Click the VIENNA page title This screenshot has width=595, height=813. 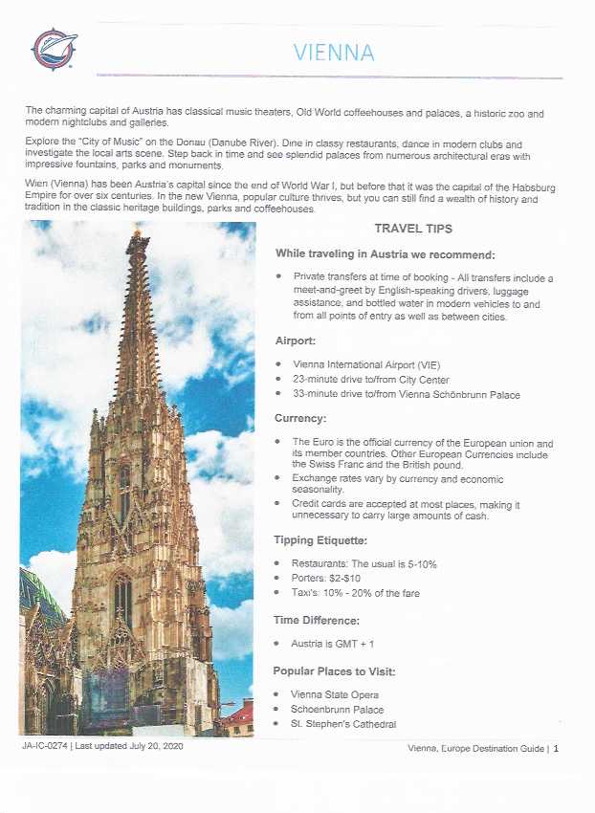[333, 52]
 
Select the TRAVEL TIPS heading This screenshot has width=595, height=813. [413, 229]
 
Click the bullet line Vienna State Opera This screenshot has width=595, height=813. [335, 694]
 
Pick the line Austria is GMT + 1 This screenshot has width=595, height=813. [336, 644]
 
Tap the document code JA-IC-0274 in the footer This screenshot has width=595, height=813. [44, 746]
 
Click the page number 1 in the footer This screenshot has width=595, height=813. [556, 748]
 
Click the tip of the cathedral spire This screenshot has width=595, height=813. [138, 231]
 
